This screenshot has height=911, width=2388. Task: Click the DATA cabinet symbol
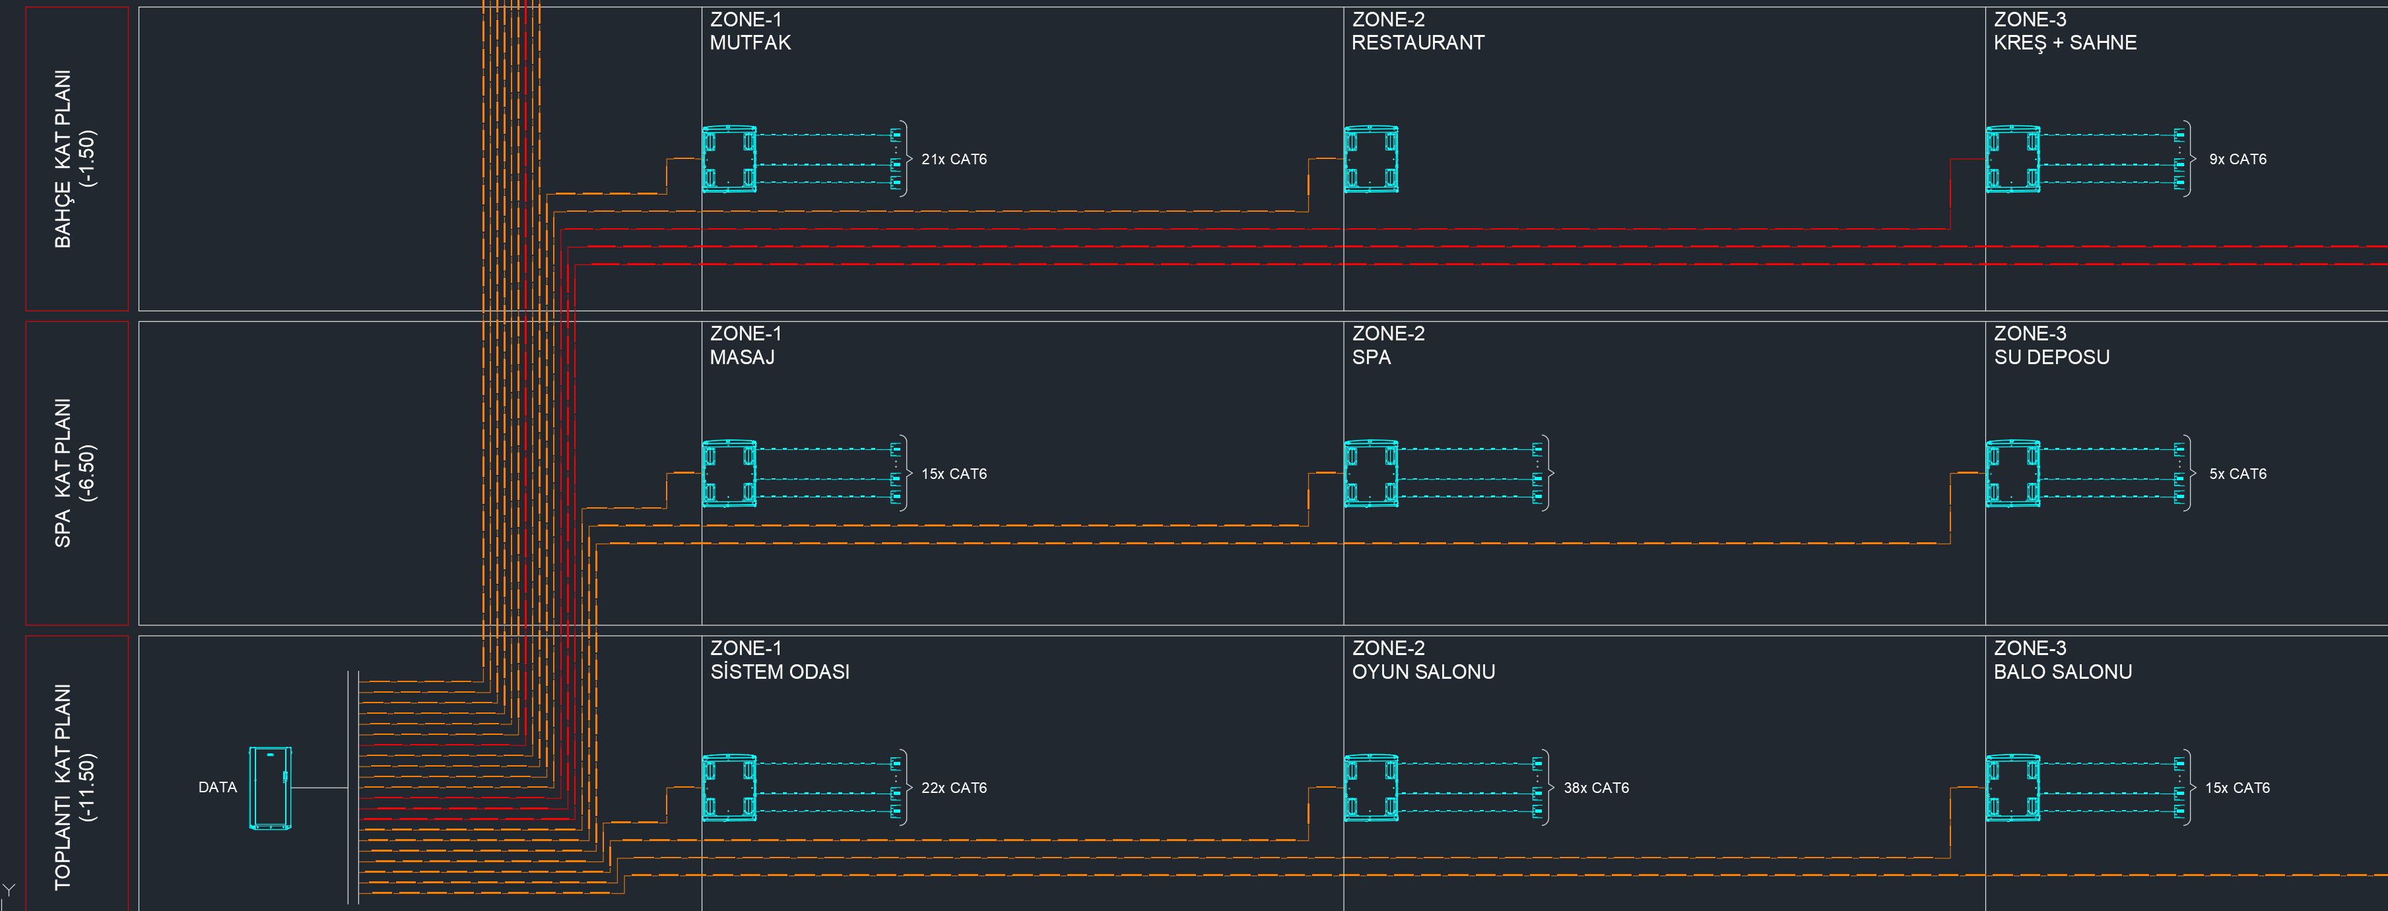(270, 788)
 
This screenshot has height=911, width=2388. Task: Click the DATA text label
(218, 787)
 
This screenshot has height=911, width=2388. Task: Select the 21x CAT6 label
(954, 160)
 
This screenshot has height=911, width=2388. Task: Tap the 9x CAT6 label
(2238, 160)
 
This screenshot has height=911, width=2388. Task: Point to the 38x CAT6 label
(1597, 788)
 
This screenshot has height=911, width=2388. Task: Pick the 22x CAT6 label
(954, 788)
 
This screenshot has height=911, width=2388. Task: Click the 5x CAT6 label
(2238, 474)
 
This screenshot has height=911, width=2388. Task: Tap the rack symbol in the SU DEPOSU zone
(2012, 474)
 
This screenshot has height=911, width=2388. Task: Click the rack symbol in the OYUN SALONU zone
(1371, 788)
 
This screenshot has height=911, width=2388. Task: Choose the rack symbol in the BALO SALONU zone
(2012, 788)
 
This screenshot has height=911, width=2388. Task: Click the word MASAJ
(743, 358)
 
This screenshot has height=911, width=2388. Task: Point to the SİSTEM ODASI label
(779, 672)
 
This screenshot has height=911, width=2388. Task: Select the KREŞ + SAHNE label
(2065, 43)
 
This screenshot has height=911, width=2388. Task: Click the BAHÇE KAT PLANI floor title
(74, 160)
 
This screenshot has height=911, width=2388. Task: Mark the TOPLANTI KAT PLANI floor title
(74, 788)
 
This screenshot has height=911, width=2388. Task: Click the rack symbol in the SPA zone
(1371, 474)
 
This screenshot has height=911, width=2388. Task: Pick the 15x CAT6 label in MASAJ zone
(954, 474)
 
